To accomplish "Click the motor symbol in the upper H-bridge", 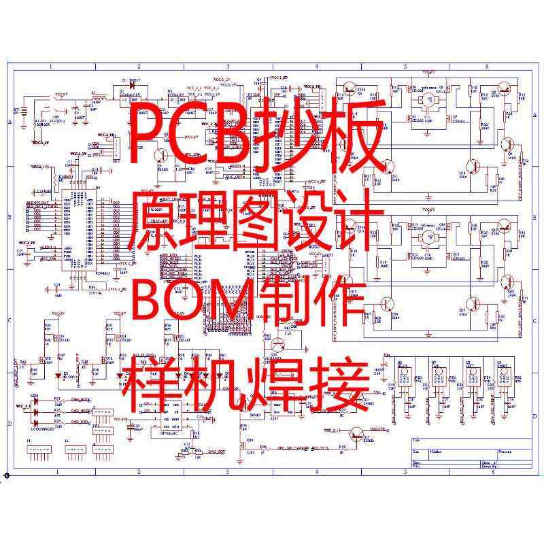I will click(x=428, y=100).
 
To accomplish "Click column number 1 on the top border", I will click(x=50, y=67).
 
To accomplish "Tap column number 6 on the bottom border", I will click(x=487, y=471).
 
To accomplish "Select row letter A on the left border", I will click(x=10, y=122).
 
